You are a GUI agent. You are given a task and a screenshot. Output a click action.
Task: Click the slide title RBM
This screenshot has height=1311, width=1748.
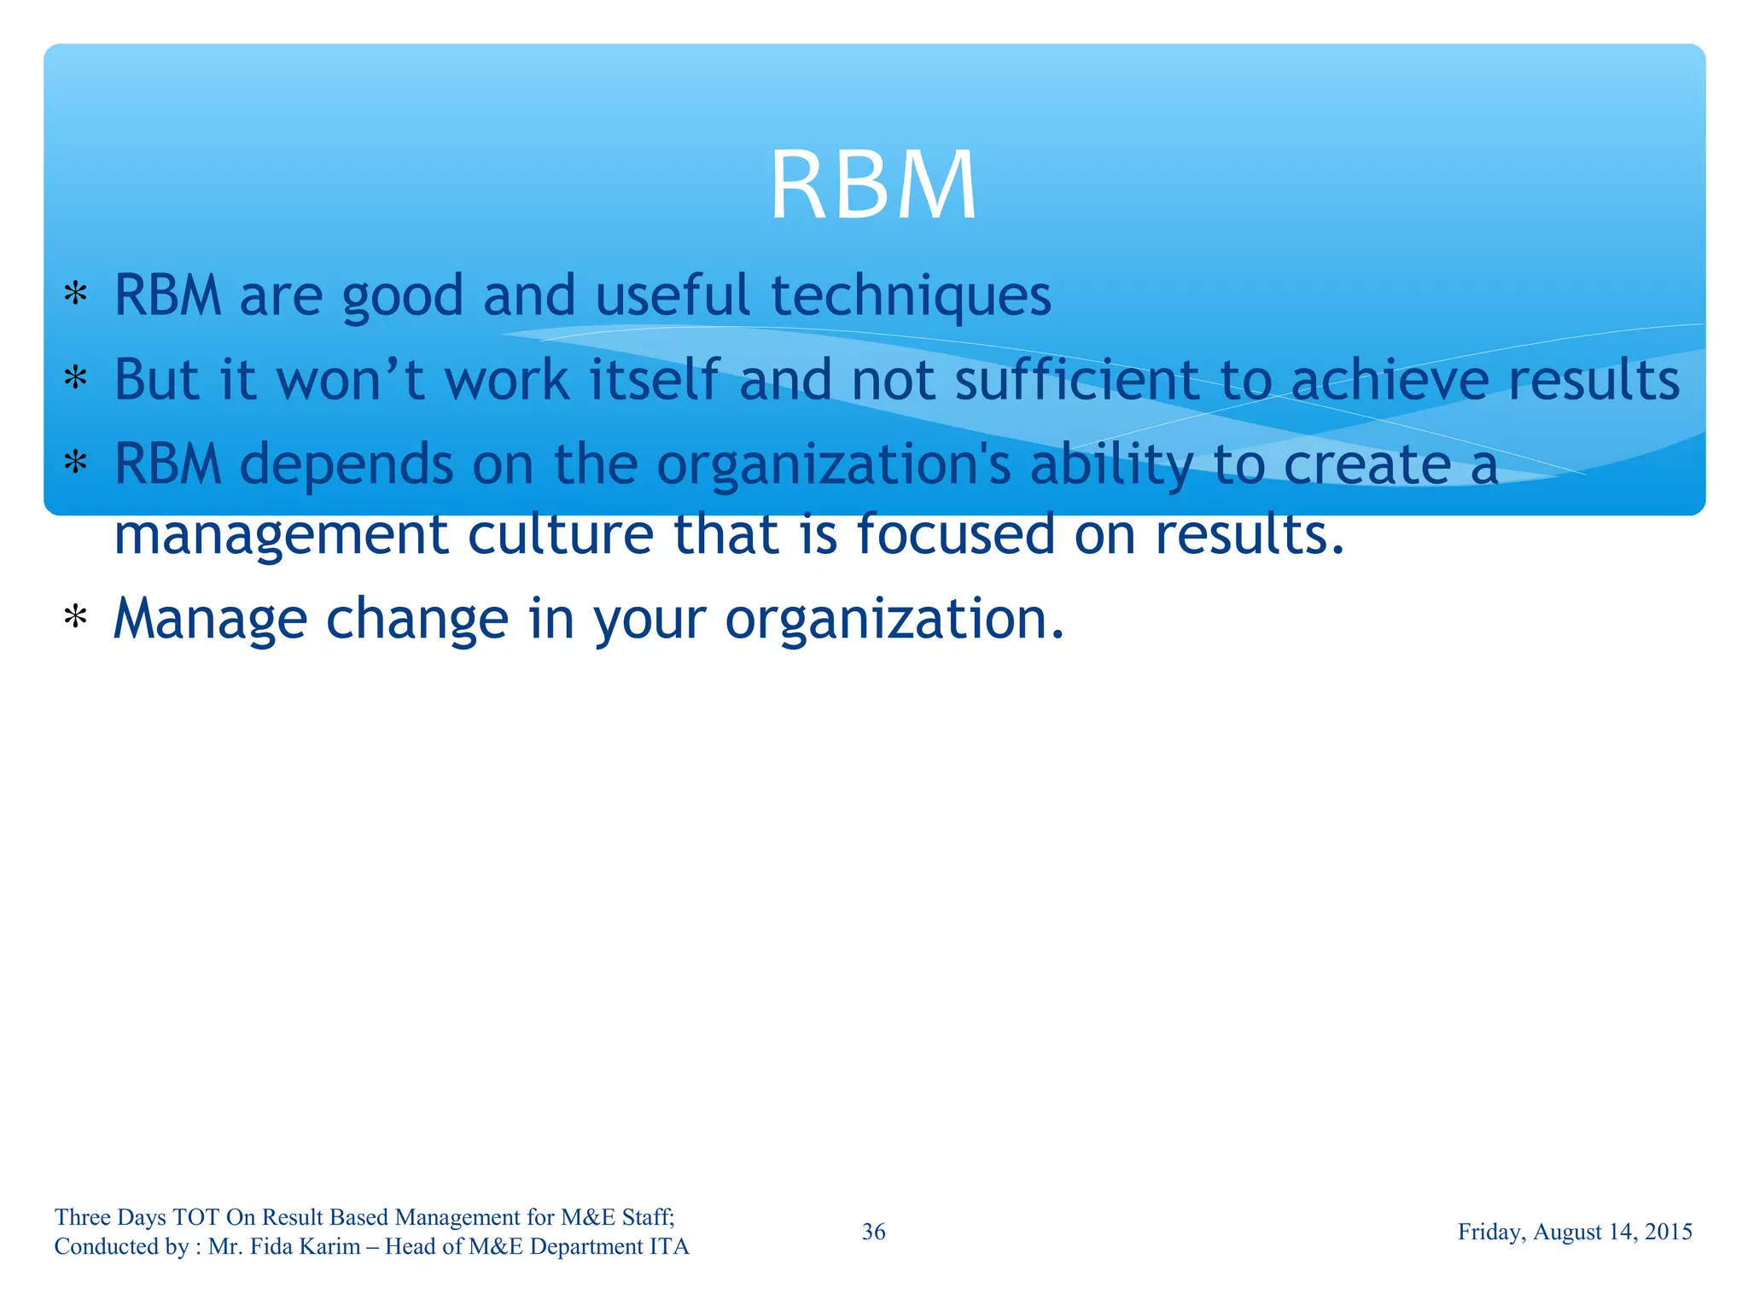point(873,185)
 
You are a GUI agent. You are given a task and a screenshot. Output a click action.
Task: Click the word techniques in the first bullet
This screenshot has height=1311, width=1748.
point(911,296)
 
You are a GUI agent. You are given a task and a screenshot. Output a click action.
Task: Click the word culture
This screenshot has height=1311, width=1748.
point(561,534)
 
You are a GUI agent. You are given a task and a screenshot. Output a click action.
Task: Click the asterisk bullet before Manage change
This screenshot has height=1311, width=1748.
point(76,617)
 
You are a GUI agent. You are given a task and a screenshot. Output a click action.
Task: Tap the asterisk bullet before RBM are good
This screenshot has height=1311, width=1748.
point(76,294)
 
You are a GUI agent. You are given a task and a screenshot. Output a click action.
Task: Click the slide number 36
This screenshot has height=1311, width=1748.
point(873,1232)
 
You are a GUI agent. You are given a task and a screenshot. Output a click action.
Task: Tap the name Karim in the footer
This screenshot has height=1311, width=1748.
point(331,1247)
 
